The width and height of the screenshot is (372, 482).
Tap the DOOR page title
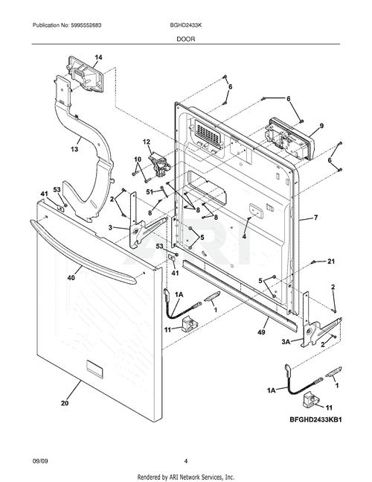pos(186,39)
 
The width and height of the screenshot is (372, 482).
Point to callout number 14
pos(98,57)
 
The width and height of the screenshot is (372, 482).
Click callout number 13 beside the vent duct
pos(74,150)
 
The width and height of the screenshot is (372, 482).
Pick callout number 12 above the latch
pos(147,142)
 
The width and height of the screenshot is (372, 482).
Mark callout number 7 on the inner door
pos(316,218)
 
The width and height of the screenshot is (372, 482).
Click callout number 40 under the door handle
pos(71,277)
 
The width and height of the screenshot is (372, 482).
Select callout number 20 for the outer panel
pos(65,403)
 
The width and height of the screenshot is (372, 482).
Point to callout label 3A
pos(286,341)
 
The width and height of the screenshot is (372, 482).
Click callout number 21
pos(331,261)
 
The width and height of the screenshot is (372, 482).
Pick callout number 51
pos(150,192)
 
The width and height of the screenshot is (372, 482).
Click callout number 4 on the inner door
pos(244,236)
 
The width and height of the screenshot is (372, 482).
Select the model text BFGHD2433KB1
pos(315,419)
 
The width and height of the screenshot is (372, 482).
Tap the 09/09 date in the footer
pos(40,461)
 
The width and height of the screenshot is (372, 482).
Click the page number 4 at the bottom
pos(186,461)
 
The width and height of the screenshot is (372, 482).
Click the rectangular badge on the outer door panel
pos(95,367)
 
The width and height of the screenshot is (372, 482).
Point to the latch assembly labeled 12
pos(160,166)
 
